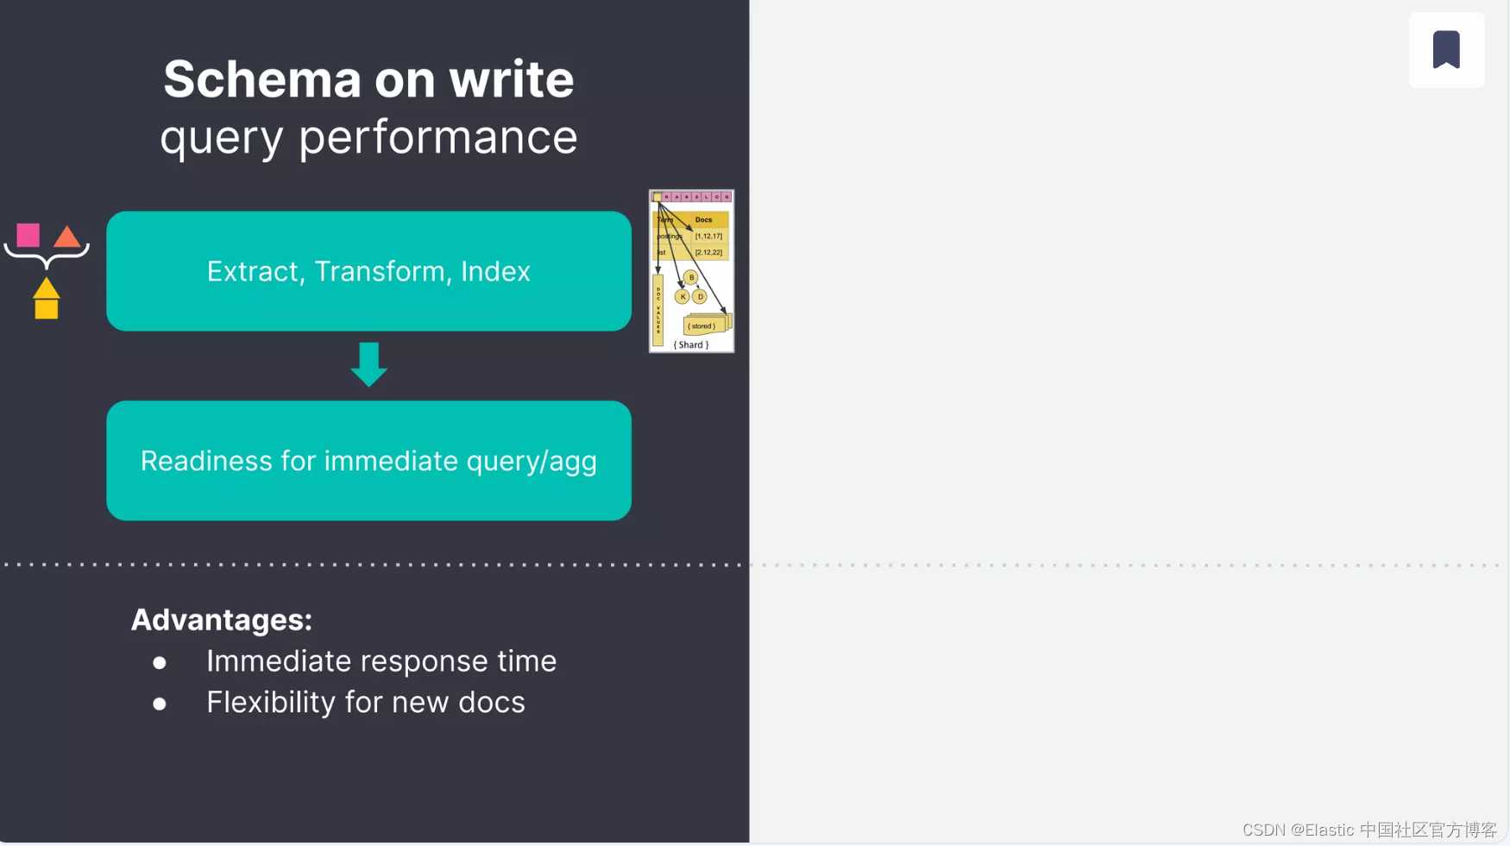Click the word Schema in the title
coord(261,79)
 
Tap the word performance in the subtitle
coord(438,137)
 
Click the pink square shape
coord(28,235)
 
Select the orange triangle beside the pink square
coord(67,237)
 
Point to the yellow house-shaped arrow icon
coord(47,299)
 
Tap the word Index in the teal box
coord(495,272)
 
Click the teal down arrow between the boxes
coord(369,363)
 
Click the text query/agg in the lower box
coord(532,461)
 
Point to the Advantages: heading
coord(221,620)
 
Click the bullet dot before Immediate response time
coord(160,663)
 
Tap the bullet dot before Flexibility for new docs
coord(160,704)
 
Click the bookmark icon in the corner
coord(1446,49)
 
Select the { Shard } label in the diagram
coord(691,344)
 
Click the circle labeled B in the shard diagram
coord(690,277)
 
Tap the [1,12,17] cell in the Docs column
coord(708,236)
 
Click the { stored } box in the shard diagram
coord(702,326)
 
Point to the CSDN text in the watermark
coord(1264,830)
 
